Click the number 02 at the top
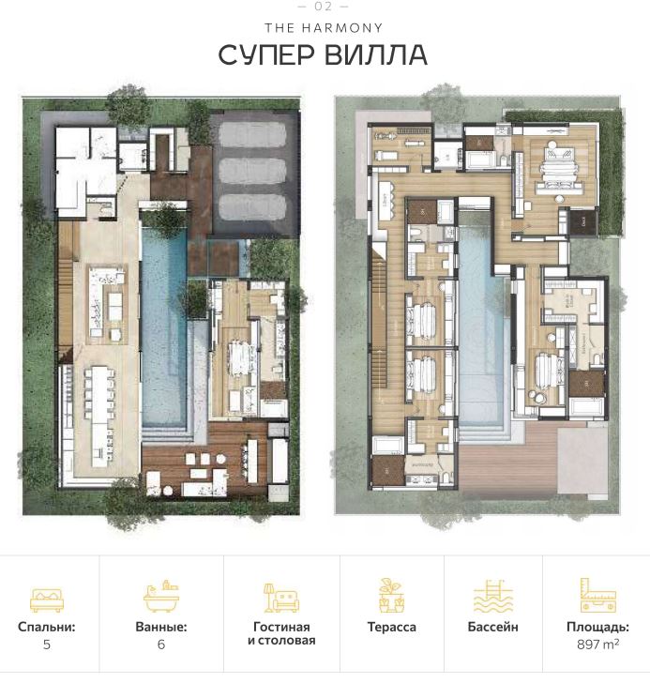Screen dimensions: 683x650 click(x=324, y=7)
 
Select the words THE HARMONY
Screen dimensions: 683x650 click(x=324, y=28)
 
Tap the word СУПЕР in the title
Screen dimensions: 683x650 click(x=268, y=55)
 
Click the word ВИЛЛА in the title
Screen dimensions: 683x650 click(x=378, y=55)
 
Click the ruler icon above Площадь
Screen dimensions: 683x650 click(x=597, y=595)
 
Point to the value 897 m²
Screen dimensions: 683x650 click(x=597, y=645)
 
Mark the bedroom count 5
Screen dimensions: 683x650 click(x=47, y=645)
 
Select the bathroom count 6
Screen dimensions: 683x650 click(x=161, y=645)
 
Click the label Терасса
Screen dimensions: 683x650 click(x=391, y=627)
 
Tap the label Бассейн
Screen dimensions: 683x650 click(x=492, y=627)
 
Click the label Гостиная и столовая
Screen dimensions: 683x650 click(x=280, y=633)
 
